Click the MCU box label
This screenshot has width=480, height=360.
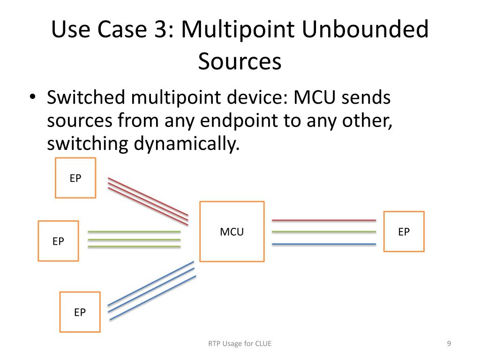(x=232, y=232)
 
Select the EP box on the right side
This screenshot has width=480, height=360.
(x=404, y=232)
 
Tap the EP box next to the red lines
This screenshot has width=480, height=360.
(x=75, y=178)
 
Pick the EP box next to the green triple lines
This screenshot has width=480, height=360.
(x=58, y=241)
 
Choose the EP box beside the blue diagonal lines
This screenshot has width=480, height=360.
(x=80, y=312)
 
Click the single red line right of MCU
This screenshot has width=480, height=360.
(x=323, y=220)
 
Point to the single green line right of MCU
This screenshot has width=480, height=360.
(x=323, y=232)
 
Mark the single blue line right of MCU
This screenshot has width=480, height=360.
(x=323, y=244)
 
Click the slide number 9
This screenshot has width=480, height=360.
(x=449, y=344)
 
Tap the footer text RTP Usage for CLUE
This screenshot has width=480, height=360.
(x=240, y=344)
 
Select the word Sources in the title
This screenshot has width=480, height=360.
(x=240, y=61)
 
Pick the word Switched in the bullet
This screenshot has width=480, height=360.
(x=86, y=98)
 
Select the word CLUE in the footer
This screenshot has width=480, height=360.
(x=263, y=344)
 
